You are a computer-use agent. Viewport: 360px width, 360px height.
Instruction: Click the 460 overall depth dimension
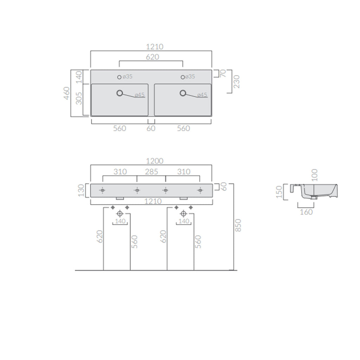(x=67, y=93)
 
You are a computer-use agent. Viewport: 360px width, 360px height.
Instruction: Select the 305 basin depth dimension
(x=79, y=98)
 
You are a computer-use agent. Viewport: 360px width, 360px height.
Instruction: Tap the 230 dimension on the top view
(x=236, y=82)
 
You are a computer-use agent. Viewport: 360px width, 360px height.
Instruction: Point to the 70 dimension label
(x=223, y=73)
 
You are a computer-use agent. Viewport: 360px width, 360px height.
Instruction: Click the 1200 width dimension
(x=154, y=161)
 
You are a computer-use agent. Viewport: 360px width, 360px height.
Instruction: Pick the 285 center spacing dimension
(x=151, y=172)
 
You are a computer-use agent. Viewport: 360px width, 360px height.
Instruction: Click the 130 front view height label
(x=82, y=190)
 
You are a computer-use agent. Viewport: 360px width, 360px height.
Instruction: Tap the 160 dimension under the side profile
(x=307, y=212)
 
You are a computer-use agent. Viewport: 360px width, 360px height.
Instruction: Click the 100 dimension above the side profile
(x=315, y=175)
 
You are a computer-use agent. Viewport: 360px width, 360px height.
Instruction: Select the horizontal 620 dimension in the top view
(x=151, y=57)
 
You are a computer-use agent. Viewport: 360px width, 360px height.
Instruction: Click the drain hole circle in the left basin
(x=120, y=93)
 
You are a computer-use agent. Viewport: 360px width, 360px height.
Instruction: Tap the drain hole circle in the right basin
(x=183, y=93)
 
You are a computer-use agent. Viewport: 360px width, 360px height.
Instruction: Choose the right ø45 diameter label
(x=202, y=95)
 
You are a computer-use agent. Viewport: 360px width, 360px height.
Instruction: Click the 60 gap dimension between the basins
(x=151, y=128)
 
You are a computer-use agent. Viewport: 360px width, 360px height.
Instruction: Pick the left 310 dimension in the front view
(x=120, y=172)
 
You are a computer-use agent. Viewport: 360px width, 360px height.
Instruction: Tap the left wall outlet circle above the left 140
(x=120, y=214)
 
